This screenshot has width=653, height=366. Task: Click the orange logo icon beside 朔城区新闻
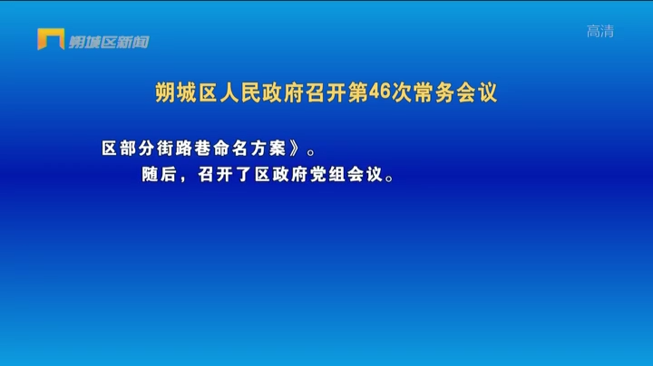tap(51, 39)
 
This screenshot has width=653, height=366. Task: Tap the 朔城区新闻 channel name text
tap(109, 42)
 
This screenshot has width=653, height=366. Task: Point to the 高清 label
tap(600, 31)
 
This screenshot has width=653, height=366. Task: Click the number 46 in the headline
tap(379, 91)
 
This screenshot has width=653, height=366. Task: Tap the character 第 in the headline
tap(358, 92)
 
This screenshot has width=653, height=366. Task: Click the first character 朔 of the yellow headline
tap(165, 92)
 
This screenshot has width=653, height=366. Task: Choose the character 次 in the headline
tap(402, 92)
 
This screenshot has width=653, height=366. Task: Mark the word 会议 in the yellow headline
tap(477, 92)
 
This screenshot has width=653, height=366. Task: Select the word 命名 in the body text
tap(229, 149)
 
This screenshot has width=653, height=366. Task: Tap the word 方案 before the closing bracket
tap(268, 149)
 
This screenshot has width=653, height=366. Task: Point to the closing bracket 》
tap(295, 149)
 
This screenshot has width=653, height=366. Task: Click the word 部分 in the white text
tap(137, 149)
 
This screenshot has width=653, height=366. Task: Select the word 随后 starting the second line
tap(159, 175)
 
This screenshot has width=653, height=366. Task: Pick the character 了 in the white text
tap(244, 175)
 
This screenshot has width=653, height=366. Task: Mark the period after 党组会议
tap(390, 178)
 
